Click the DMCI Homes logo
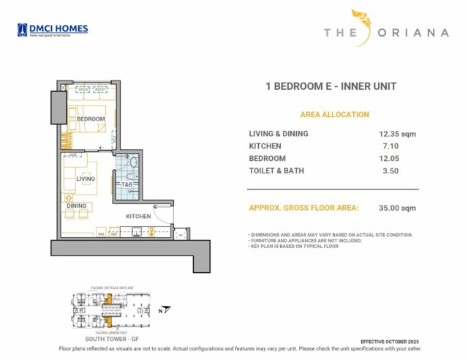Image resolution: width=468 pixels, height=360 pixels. tap(52, 30)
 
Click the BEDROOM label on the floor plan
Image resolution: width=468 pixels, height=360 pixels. tap(91, 119)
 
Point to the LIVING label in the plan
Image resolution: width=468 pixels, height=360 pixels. tap(86, 179)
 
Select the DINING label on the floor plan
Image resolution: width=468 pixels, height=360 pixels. tap(77, 206)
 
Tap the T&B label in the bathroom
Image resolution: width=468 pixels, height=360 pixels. tap(127, 184)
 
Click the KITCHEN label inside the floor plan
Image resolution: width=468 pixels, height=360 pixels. tap(137, 217)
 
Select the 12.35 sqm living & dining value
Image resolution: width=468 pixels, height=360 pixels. tap(397, 134)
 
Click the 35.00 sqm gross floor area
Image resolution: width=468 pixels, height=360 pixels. tap(397, 208)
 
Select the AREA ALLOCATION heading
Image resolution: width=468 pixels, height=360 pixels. tap(334, 115)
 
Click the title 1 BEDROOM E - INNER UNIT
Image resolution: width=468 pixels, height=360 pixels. tap(331, 86)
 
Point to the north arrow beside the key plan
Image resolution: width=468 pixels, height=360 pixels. tap(166, 309)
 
